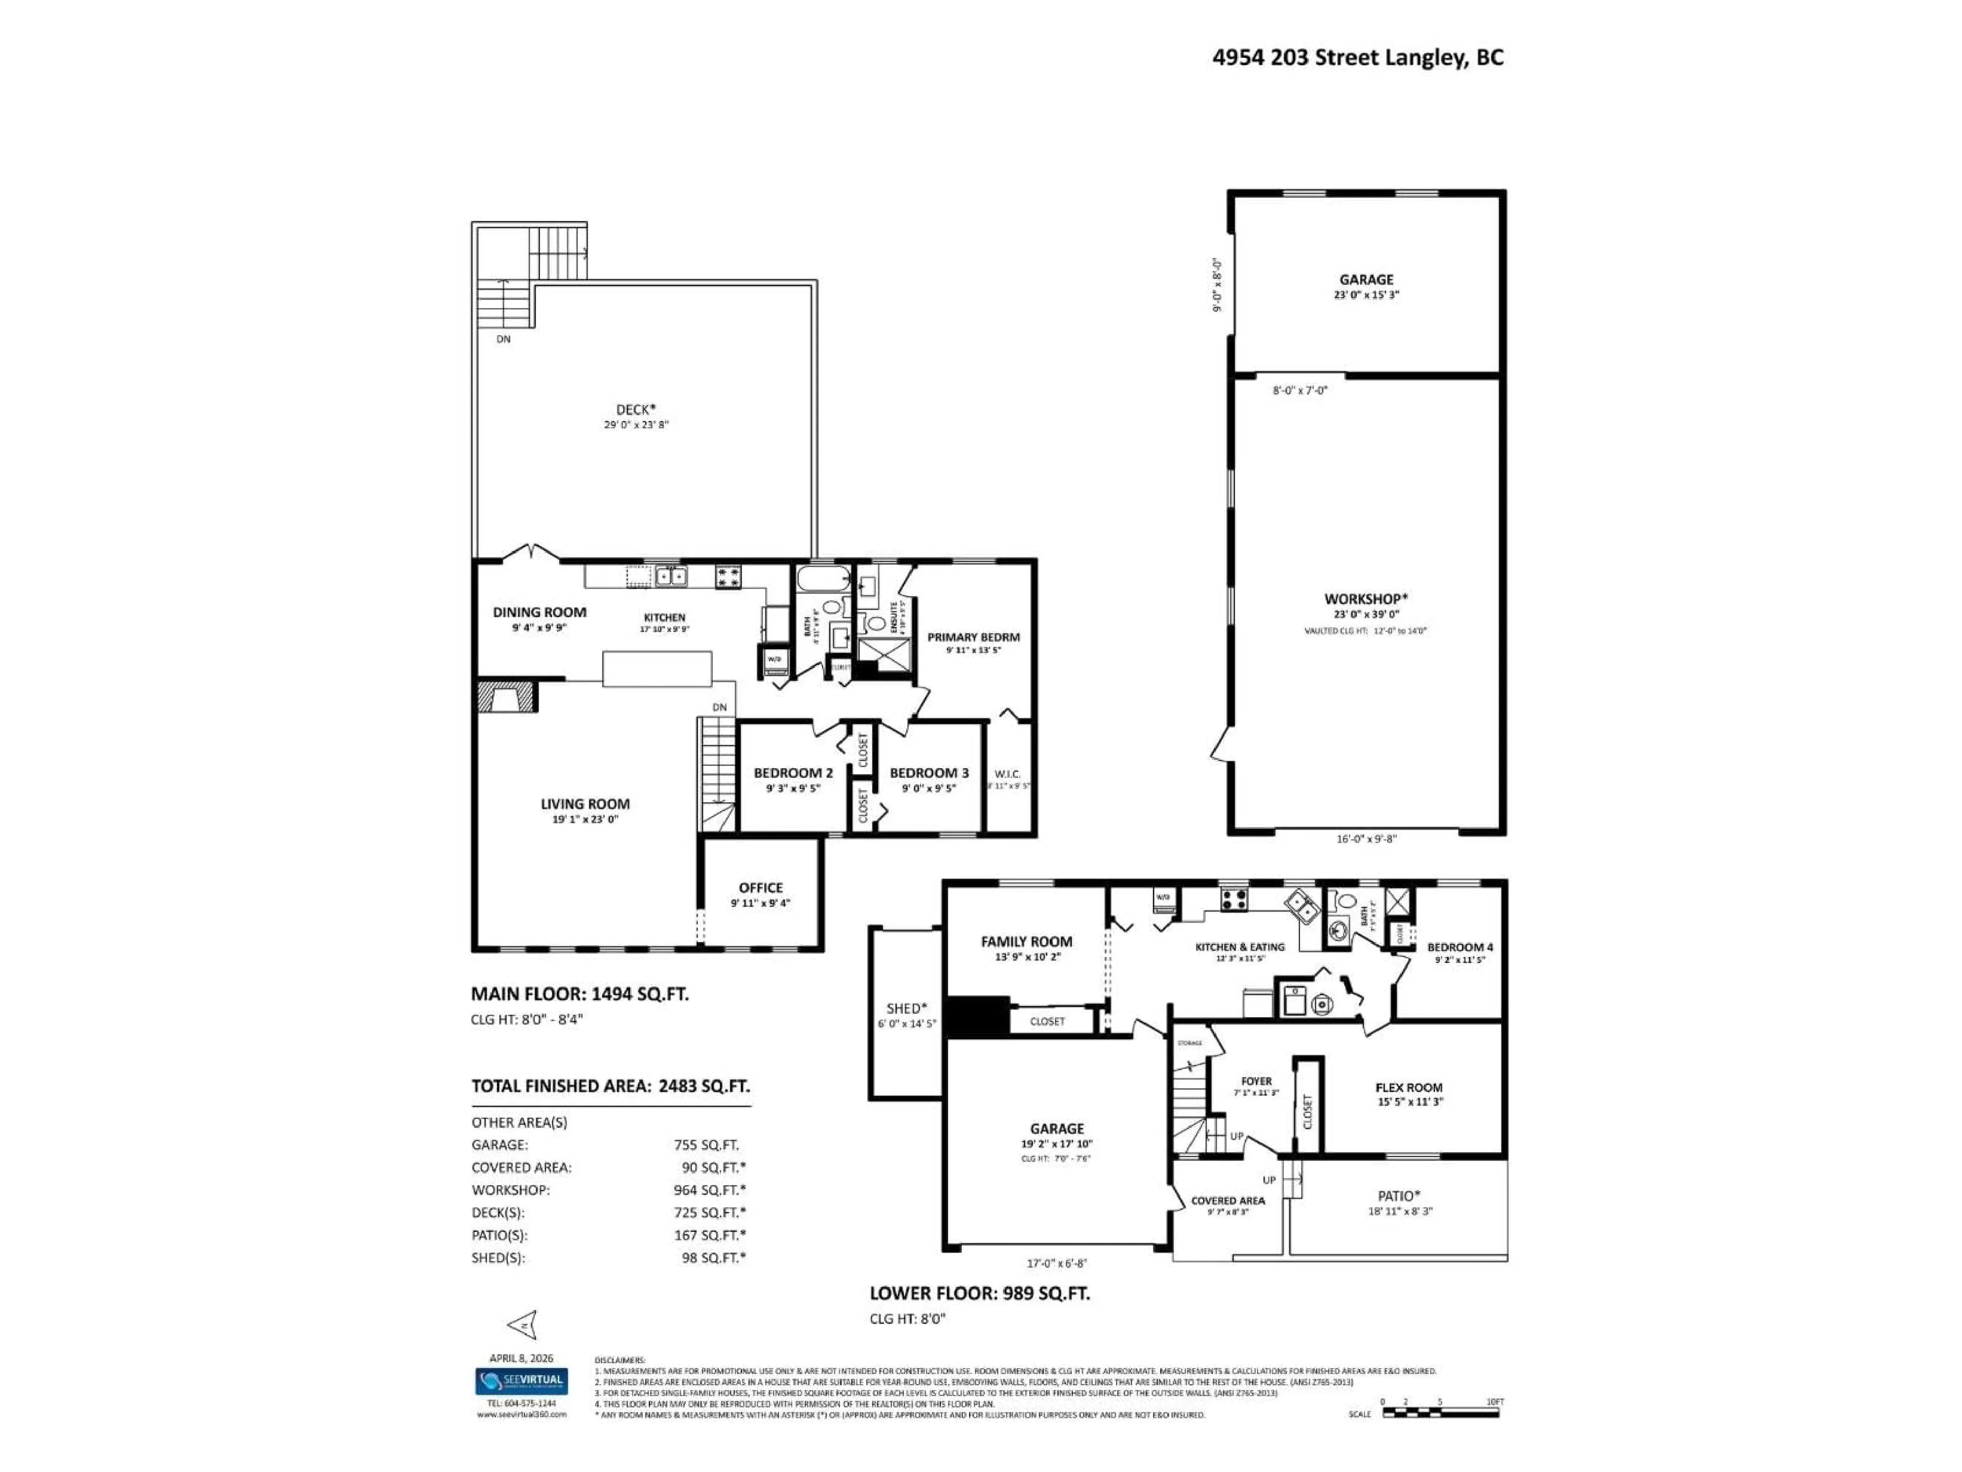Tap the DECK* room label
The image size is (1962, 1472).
[x=636, y=409]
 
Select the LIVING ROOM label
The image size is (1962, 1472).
[x=586, y=804]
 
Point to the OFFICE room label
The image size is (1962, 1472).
[x=760, y=887]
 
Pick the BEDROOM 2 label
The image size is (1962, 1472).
[x=793, y=773]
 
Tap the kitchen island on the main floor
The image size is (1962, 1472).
[x=657, y=669]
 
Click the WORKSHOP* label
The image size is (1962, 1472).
[x=1366, y=599]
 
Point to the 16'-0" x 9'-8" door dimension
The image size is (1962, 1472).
[x=1366, y=839]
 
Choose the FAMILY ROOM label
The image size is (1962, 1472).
[x=1026, y=941]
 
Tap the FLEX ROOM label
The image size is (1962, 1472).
[x=1409, y=1087]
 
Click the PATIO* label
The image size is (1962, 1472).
[x=1399, y=1196]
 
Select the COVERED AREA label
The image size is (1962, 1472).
[x=1228, y=1201]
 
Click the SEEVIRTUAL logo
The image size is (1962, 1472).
[x=522, y=1381]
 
